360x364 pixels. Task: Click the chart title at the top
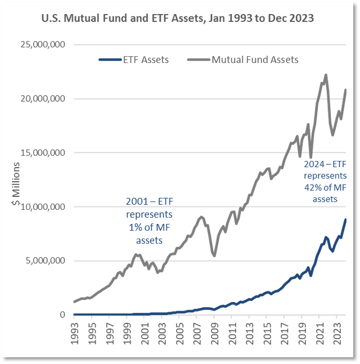[x=178, y=19]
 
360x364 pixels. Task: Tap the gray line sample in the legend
[x=199, y=59]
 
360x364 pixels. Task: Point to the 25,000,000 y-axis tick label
[x=43, y=45]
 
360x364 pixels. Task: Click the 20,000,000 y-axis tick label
[x=43, y=99]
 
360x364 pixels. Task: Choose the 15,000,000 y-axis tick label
[x=43, y=152]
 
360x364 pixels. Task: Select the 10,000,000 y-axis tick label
[x=43, y=206]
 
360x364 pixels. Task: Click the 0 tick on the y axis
[x=62, y=314]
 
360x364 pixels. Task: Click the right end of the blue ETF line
[x=345, y=219]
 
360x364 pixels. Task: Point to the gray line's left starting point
[x=74, y=302]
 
